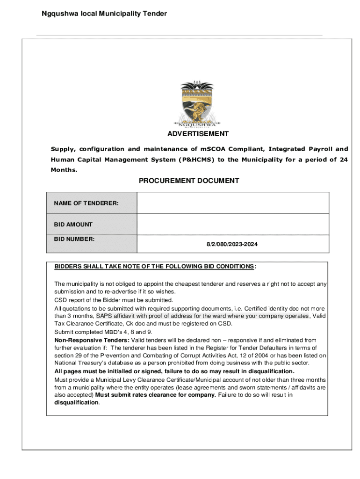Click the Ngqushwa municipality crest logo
(x=198, y=104)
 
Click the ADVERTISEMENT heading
(x=198, y=134)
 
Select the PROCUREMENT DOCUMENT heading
(x=189, y=181)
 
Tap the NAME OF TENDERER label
(x=86, y=203)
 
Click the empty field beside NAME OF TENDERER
(x=232, y=203)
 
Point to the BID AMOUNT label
(x=73, y=225)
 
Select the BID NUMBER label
(x=74, y=239)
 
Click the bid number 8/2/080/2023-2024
(x=232, y=244)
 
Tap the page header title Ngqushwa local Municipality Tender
(x=104, y=14)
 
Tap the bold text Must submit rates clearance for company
(x=156, y=395)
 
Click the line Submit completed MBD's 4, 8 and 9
(x=103, y=332)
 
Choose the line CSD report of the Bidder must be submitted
(x=114, y=300)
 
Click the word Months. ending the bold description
(x=64, y=170)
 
